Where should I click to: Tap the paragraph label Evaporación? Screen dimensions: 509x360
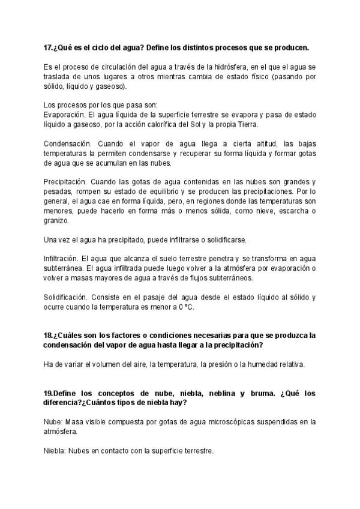[65, 114]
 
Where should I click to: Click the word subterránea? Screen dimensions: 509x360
[64, 268]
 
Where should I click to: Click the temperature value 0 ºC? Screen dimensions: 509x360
[193, 307]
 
